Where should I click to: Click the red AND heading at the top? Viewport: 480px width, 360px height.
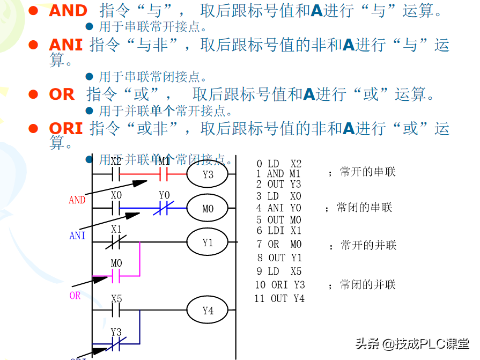[x=68, y=11]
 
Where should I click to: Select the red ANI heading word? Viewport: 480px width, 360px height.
[x=65, y=45]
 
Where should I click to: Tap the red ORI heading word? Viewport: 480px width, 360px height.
[x=65, y=129]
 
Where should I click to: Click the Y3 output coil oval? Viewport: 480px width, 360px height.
[x=208, y=174]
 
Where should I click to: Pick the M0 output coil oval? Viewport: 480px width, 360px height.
[x=208, y=209]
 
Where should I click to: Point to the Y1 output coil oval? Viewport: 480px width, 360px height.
[x=208, y=243]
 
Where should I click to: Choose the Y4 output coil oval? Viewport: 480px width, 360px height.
[x=208, y=311]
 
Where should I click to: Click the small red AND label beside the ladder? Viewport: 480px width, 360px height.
[x=77, y=200]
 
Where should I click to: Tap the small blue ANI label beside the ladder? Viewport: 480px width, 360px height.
[x=77, y=236]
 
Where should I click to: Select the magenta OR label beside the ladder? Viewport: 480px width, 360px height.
[x=75, y=296]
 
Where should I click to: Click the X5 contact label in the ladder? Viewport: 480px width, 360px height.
[x=116, y=299]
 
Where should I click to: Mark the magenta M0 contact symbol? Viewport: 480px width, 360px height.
[x=116, y=276]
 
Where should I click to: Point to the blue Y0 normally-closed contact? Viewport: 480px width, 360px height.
[x=164, y=209]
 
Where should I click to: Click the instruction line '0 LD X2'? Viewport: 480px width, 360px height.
[x=279, y=164]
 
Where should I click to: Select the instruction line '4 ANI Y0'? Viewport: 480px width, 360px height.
[x=278, y=208]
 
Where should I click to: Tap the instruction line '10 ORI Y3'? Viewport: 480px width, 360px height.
[x=279, y=285]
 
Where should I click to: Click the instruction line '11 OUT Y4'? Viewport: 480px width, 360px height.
[x=279, y=298]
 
